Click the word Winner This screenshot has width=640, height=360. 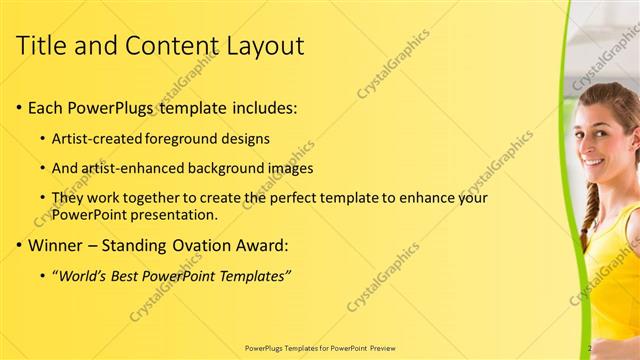(x=56, y=244)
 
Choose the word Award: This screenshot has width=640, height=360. (x=261, y=244)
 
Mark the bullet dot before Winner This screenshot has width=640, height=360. (x=20, y=244)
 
